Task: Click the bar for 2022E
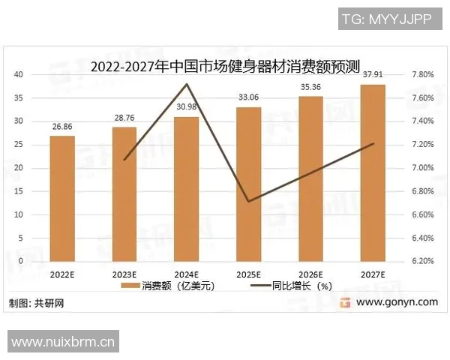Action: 62,198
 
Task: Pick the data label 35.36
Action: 310,87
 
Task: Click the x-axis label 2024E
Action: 187,274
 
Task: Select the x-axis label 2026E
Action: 310,274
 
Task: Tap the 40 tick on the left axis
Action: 19,74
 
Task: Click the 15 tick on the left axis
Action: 19,191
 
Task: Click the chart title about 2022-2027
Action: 225,67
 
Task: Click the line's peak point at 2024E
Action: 187,84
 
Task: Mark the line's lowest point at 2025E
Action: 249,201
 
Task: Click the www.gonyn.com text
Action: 397,302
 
